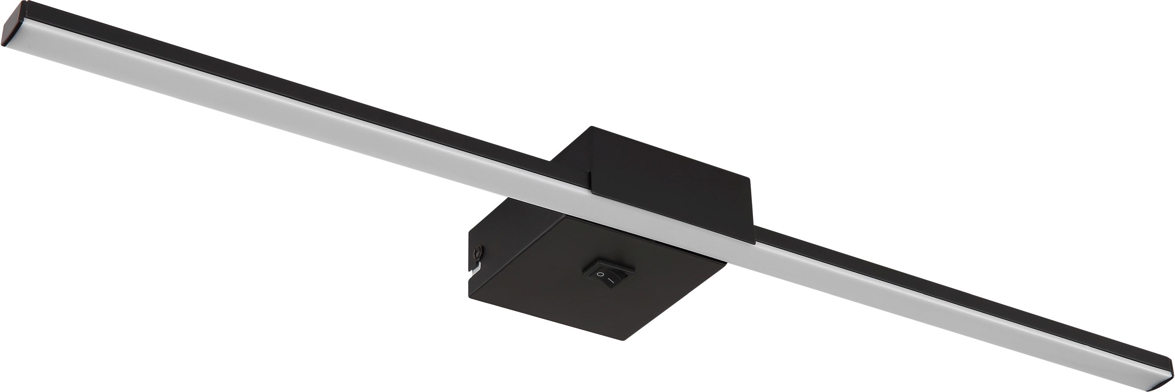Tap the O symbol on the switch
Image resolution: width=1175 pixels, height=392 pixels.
click(x=601, y=275)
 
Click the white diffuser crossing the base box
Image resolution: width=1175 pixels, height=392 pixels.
click(x=638, y=219)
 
